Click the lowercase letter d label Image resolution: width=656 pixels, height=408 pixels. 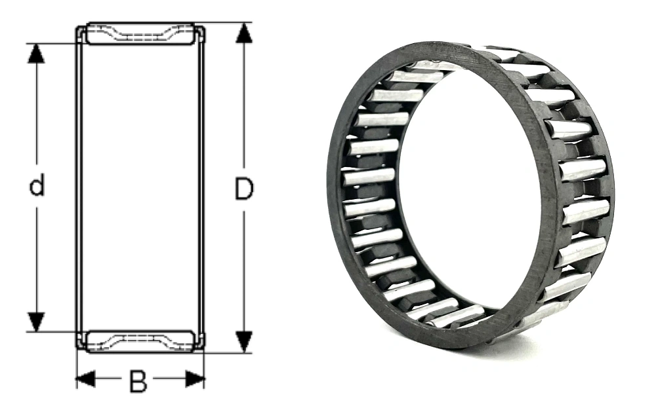pos(37,187)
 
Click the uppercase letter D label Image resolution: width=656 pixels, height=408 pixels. pos(243,189)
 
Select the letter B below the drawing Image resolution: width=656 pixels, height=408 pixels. pos(138,382)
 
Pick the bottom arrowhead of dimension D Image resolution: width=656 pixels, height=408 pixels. pos(244,342)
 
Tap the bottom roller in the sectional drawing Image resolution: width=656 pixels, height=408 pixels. pos(140,341)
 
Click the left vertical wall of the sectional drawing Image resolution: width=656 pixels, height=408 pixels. pos(80,187)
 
